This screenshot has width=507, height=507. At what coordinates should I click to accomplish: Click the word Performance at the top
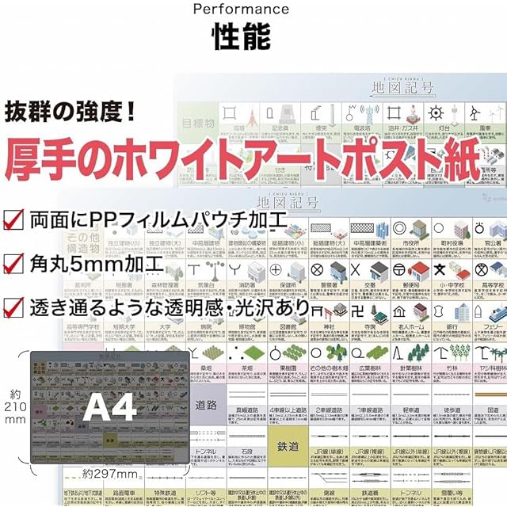(242, 10)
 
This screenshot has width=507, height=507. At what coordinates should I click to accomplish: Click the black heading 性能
(241, 37)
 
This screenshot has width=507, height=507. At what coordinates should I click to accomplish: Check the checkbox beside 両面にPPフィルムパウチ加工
(13, 219)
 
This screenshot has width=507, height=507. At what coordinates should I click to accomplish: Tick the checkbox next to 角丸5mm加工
(13, 262)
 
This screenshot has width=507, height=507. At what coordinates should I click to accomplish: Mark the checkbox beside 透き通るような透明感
(13, 307)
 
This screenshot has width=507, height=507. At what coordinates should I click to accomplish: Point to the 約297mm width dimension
(110, 475)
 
